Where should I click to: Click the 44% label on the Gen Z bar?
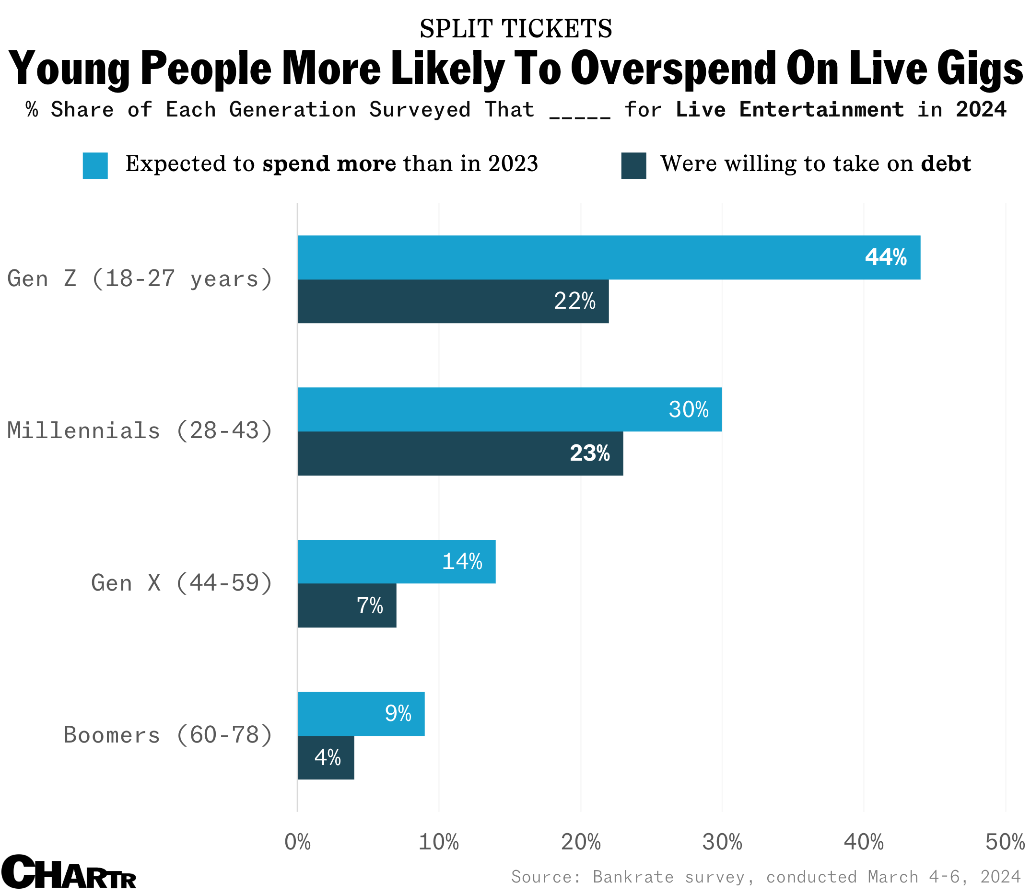point(885,257)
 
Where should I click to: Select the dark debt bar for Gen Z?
point(453,302)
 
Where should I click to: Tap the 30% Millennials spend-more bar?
point(509,409)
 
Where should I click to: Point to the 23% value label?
point(589,453)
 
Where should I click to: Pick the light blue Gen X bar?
point(396,562)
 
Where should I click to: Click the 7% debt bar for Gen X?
point(347,605)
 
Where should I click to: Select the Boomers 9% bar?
point(361,714)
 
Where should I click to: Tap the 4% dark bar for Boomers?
point(326,758)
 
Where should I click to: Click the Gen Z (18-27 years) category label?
point(140,279)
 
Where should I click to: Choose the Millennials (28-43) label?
point(140,431)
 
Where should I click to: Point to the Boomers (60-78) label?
point(168,735)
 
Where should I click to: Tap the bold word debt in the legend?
point(946,164)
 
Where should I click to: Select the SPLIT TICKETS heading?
point(515,28)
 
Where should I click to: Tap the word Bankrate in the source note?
point(633,877)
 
